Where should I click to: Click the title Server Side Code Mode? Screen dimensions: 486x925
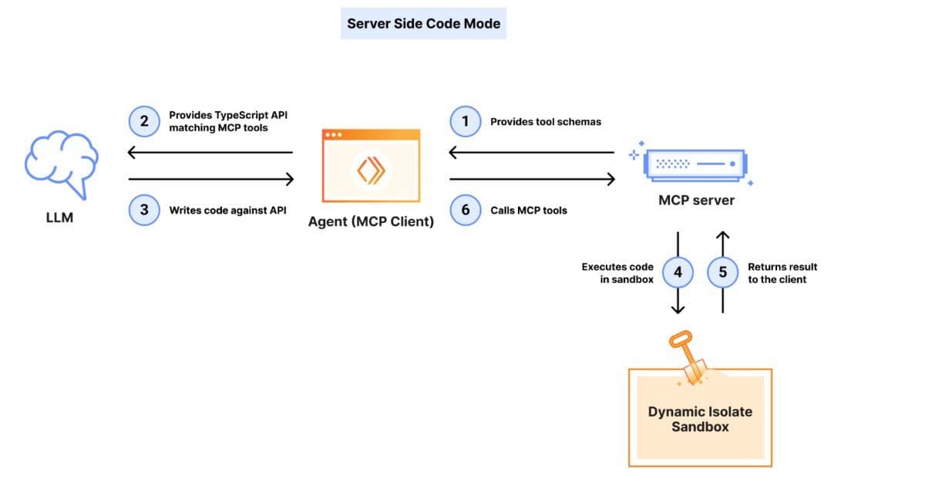(x=423, y=23)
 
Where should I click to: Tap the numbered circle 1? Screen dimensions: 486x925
(x=466, y=122)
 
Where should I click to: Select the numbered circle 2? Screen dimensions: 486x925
(x=144, y=121)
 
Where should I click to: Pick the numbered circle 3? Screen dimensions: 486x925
(x=144, y=210)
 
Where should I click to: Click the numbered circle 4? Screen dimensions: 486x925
(x=678, y=272)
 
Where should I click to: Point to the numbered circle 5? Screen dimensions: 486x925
(x=722, y=272)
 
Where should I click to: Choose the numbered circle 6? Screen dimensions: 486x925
(x=466, y=210)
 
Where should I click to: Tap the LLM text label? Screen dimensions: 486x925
(x=59, y=218)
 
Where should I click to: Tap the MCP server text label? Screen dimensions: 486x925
(x=696, y=201)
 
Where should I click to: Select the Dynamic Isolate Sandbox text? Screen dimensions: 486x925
(x=700, y=419)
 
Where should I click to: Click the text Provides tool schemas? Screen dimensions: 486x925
(x=546, y=122)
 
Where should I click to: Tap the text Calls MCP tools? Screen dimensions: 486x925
(x=529, y=210)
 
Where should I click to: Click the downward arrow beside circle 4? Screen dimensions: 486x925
(x=678, y=301)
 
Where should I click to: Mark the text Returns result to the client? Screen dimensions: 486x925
(x=782, y=273)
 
